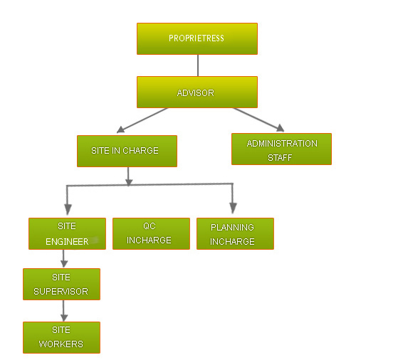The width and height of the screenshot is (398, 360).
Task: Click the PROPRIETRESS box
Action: click(197, 38)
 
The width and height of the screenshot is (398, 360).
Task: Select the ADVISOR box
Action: click(197, 92)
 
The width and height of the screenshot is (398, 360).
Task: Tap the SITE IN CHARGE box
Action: click(127, 151)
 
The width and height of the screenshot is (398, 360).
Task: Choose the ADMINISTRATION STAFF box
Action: click(281, 149)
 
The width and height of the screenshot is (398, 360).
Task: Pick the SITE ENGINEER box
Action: click(67, 233)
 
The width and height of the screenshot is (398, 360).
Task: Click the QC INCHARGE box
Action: click(151, 233)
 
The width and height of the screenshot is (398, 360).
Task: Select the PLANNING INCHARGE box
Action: click(235, 234)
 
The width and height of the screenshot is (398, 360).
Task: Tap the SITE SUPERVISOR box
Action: click(61, 285)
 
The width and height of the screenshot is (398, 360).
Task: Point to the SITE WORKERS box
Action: click(61, 337)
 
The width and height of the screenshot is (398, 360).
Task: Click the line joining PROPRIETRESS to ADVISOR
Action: click(197, 65)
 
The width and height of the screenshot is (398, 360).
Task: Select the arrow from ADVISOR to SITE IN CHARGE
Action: click(142, 120)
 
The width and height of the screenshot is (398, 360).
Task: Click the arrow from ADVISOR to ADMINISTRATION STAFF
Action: click(258, 119)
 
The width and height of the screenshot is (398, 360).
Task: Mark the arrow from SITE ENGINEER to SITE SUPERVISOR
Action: click(64, 258)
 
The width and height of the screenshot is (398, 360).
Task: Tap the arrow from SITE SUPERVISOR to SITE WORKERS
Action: click(64, 311)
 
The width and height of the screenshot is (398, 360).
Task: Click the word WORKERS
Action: click(61, 344)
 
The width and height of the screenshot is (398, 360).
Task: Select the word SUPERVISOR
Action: click(61, 292)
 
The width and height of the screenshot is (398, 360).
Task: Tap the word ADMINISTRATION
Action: click(282, 144)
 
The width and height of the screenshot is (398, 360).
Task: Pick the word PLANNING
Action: click(232, 228)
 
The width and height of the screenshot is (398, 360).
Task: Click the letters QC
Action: click(150, 226)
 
